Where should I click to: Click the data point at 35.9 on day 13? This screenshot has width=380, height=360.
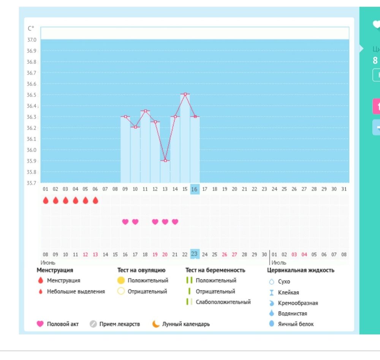tap(165, 161)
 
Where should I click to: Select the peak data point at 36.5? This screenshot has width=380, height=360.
tap(185, 94)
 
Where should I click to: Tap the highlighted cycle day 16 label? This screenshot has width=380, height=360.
tap(195, 189)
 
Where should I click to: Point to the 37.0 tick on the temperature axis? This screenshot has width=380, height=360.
tap(32, 40)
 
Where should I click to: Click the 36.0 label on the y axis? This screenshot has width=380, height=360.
tap(32, 150)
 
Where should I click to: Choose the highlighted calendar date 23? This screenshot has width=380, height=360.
tap(195, 254)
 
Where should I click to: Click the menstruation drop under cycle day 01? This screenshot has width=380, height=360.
tap(46, 200)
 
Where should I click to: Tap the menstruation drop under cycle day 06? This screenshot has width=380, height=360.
tap(95, 200)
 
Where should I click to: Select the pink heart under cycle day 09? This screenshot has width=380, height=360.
tap(125, 222)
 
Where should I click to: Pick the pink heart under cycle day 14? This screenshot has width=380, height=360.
tap(175, 222)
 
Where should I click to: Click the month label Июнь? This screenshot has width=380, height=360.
tap(48, 263)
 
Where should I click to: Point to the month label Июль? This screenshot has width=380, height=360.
tap(279, 263)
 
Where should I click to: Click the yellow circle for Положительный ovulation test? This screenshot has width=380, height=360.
tap(121, 281)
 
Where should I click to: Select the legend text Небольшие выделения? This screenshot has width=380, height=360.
tap(76, 292)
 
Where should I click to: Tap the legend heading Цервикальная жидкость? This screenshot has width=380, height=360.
tap(301, 270)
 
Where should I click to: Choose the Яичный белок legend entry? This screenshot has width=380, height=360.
tap(296, 324)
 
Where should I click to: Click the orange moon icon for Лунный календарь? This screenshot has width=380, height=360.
tap(156, 324)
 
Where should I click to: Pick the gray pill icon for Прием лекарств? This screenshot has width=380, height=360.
tap(93, 324)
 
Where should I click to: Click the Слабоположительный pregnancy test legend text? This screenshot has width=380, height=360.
tap(223, 302)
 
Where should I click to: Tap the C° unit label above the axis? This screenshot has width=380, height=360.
tap(31, 29)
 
